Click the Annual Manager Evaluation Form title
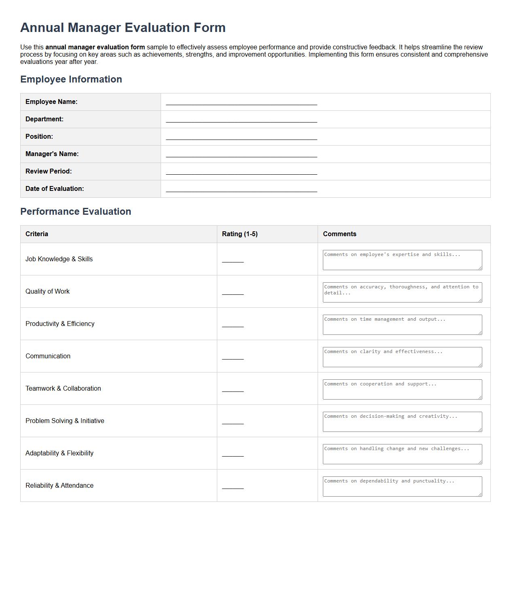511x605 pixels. pyautogui.click(x=123, y=27)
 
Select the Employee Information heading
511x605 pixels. pyautogui.click(x=71, y=79)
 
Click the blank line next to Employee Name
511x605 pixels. pyautogui.click(x=241, y=102)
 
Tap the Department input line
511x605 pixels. pyautogui.click(x=241, y=119)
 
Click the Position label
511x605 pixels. pyautogui.click(x=39, y=136)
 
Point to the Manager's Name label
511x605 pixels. pyautogui.click(x=52, y=154)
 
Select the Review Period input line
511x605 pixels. pyautogui.click(x=241, y=171)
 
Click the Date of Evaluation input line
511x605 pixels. pyautogui.click(x=241, y=188)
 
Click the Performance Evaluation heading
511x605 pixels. pyautogui.click(x=76, y=212)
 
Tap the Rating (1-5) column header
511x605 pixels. pyautogui.click(x=240, y=234)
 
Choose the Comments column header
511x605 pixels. pyautogui.click(x=339, y=234)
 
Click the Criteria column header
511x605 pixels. pyautogui.click(x=37, y=234)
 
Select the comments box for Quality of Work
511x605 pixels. pyautogui.click(x=402, y=292)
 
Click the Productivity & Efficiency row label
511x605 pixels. pyautogui.click(x=60, y=324)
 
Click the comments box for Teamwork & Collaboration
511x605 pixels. pyautogui.click(x=402, y=389)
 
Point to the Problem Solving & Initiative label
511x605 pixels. pyautogui.click(x=65, y=421)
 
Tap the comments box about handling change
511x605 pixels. pyautogui.click(x=402, y=454)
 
